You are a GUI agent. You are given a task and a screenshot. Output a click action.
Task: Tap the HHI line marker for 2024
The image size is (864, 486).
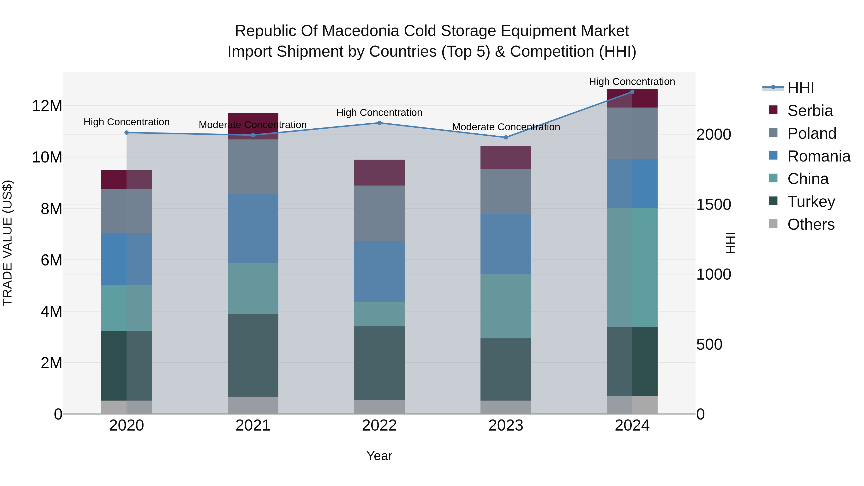[632, 92]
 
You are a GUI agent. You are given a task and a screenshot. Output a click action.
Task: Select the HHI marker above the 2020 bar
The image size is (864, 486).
[126, 132]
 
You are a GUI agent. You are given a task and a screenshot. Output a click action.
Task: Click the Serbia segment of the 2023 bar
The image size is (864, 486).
[506, 157]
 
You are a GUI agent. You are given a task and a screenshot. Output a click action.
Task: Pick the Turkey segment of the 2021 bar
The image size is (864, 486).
[253, 355]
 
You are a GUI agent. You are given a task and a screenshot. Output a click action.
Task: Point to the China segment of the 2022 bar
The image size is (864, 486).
[379, 314]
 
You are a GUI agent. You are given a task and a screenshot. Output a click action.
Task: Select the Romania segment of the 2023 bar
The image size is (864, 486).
[506, 244]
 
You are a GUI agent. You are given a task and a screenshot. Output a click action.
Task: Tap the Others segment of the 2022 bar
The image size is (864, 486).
[379, 407]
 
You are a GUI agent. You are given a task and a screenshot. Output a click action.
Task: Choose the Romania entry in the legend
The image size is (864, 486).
[818, 156]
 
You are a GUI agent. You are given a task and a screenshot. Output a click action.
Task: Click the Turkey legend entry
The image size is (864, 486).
[811, 202]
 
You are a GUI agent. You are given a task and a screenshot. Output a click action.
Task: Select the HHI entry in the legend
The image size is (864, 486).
[800, 88]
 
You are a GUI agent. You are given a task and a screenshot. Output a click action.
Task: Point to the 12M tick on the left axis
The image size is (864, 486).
[47, 106]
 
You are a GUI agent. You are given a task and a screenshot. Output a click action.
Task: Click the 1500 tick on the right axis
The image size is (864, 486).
[714, 204]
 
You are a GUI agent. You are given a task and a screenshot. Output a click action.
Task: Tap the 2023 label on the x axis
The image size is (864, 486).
[506, 426]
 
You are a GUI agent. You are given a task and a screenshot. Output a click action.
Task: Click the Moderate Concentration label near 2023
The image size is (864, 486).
[506, 127]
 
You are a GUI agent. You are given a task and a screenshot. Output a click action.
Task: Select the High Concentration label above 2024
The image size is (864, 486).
[632, 82]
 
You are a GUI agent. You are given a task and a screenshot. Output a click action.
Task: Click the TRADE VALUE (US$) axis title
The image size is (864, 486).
[7, 243]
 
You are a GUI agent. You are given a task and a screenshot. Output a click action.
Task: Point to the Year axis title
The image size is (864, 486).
[379, 456]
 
